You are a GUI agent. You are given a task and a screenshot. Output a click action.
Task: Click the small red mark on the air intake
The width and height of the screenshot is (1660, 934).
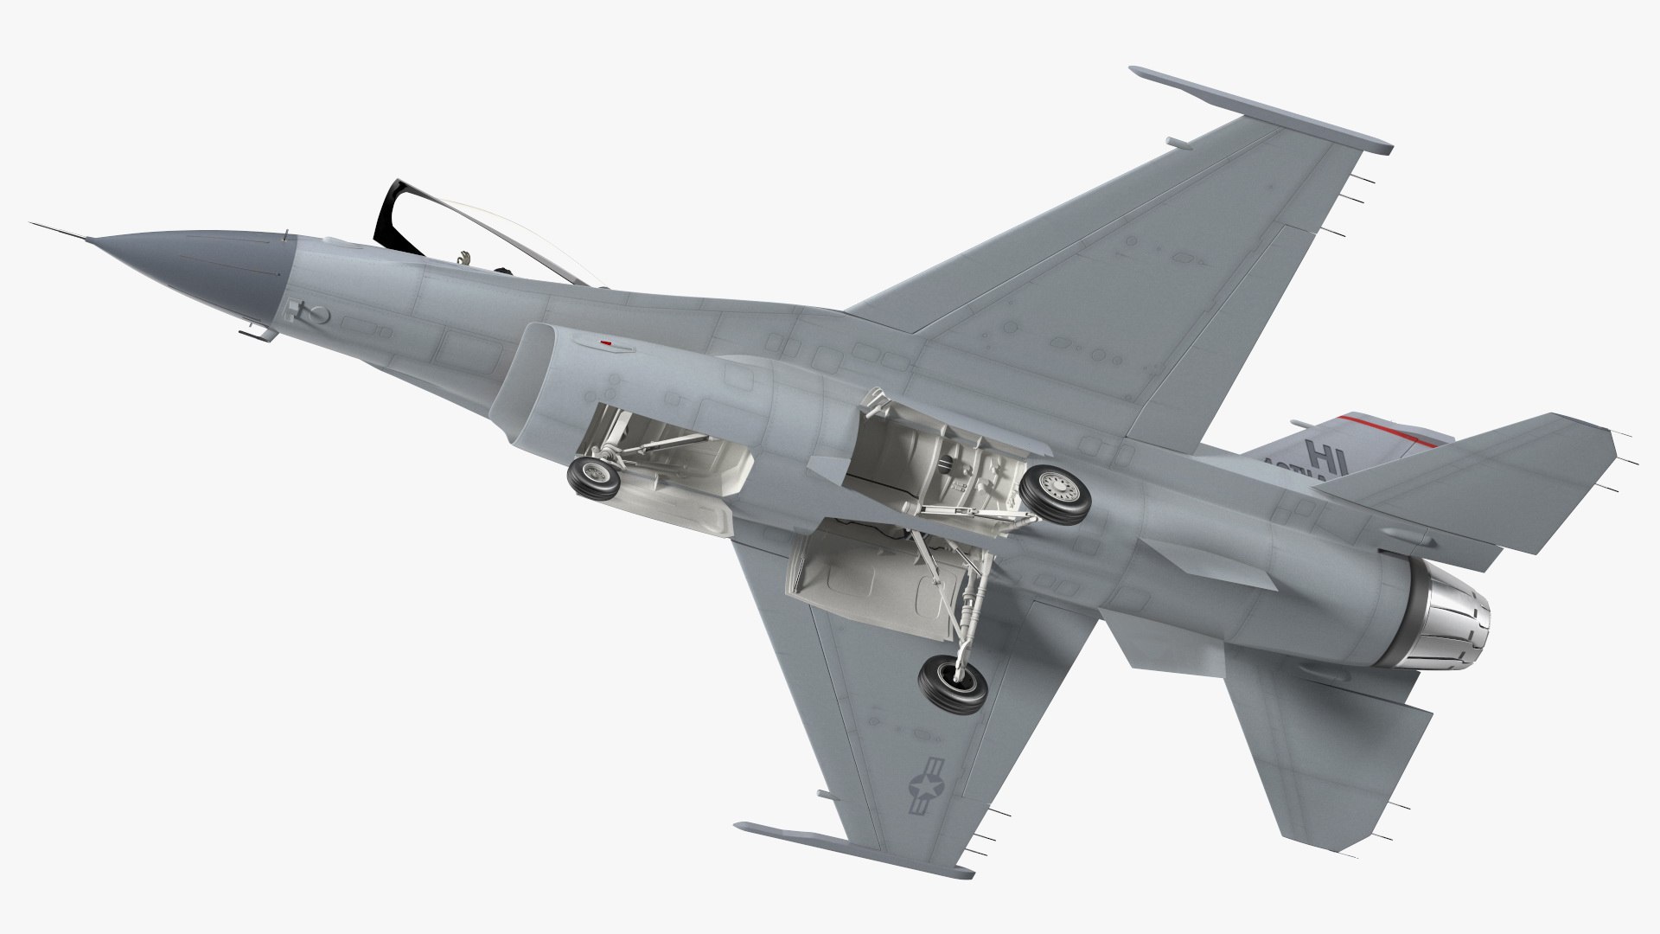coord(607,343)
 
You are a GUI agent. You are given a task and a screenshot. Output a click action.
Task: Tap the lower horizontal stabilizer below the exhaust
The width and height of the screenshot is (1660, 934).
coord(1323,744)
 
